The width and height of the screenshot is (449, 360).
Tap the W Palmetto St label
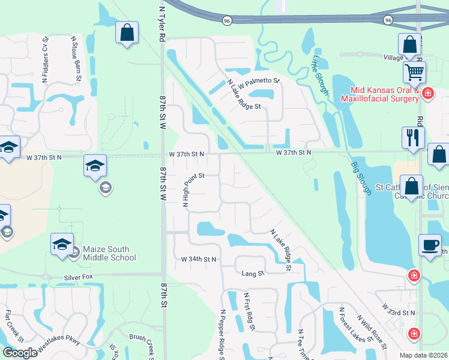259,80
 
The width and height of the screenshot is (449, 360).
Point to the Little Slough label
320,75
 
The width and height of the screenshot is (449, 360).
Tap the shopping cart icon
414,73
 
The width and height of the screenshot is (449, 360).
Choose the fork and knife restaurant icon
413,137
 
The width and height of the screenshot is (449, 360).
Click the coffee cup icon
430,245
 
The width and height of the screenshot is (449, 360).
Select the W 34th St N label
199,259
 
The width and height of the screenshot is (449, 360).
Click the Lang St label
253,274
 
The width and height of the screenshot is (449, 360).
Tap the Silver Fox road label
80,279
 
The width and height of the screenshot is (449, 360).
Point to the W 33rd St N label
399,309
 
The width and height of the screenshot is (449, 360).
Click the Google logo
19,353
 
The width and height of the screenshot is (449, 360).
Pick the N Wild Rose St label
370,330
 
